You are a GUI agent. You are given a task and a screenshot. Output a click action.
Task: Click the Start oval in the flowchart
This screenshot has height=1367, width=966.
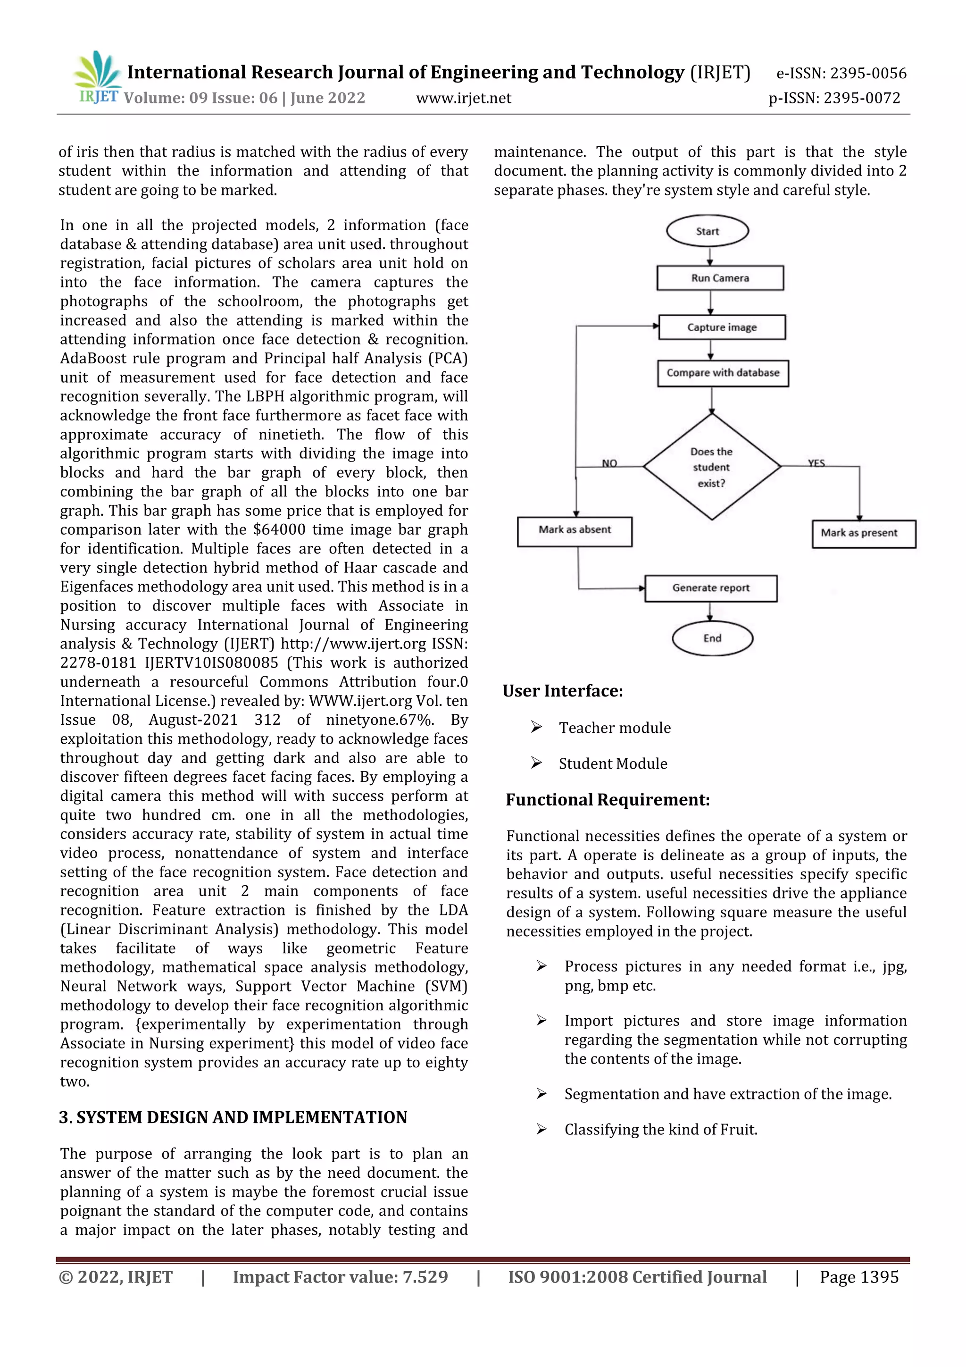(x=707, y=231)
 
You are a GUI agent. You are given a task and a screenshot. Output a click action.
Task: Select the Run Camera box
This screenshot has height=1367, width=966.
(x=720, y=278)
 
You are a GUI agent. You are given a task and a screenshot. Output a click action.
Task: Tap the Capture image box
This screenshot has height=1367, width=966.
(x=721, y=327)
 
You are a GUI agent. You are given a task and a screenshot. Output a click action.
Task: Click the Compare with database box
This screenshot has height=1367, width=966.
(x=723, y=373)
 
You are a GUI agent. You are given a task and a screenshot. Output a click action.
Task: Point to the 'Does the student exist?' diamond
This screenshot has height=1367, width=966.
(x=711, y=467)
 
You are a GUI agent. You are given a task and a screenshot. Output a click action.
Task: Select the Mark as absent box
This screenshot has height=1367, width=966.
(x=575, y=530)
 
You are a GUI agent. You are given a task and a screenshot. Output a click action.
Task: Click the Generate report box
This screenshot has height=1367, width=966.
(x=711, y=587)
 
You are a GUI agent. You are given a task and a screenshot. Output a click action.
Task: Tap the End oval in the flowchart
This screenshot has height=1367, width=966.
(x=712, y=638)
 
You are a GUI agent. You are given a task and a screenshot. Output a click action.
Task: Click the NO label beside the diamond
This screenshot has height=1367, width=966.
(x=609, y=462)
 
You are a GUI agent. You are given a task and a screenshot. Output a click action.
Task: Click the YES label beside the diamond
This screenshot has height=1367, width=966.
(x=816, y=462)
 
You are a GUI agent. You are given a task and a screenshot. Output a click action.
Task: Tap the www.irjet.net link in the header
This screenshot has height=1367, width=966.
(x=463, y=98)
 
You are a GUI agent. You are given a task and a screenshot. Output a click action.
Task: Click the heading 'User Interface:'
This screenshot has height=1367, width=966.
(x=562, y=691)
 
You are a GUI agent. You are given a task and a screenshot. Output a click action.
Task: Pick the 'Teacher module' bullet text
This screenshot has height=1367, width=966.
(x=614, y=728)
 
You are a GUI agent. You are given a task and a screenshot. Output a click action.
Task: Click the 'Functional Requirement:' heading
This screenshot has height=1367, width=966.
(x=607, y=800)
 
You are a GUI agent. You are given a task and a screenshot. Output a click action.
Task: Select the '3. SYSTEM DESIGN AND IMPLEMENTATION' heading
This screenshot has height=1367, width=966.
(x=233, y=1117)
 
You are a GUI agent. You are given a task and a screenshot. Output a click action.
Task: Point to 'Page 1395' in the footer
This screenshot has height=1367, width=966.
(x=858, y=1277)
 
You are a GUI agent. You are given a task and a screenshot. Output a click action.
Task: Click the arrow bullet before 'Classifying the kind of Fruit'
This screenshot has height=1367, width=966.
(x=541, y=1129)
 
